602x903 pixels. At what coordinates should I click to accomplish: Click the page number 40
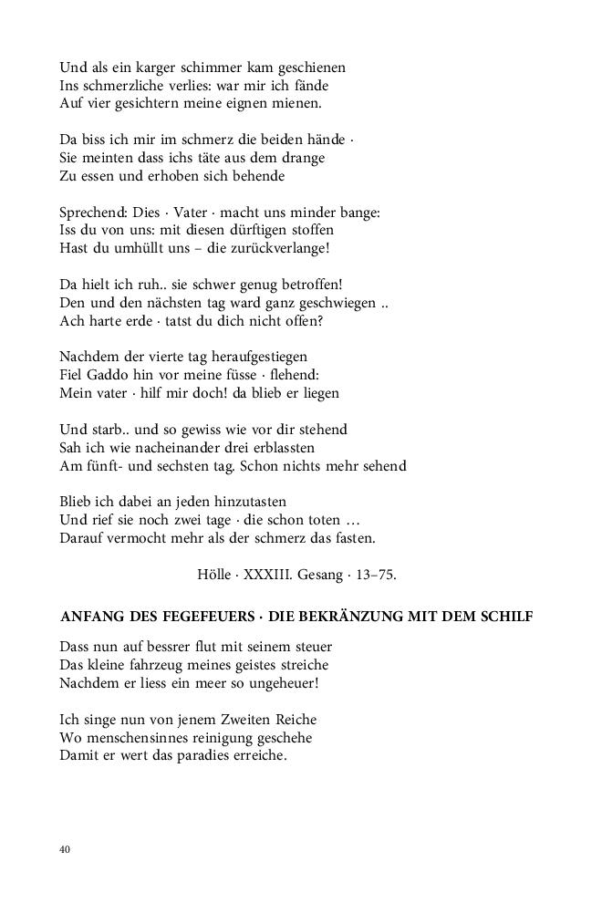point(65,849)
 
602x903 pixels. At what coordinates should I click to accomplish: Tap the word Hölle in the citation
point(215,575)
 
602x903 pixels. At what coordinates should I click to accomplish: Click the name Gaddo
point(109,375)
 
